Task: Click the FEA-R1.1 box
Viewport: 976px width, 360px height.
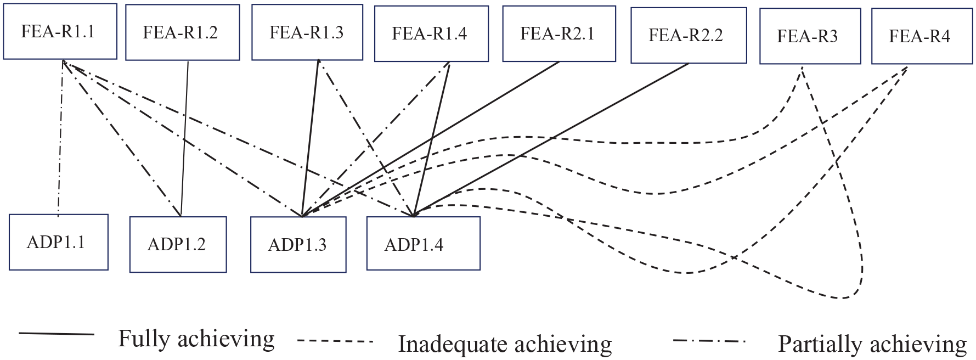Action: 60,31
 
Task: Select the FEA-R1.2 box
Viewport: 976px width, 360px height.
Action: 182,32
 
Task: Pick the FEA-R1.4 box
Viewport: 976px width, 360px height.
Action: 431,34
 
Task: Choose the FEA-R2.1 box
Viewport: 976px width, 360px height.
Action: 558,34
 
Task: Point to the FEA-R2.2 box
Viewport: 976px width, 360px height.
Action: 688,36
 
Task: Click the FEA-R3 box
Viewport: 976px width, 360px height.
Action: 810,37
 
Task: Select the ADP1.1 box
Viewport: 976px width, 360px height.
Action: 58,242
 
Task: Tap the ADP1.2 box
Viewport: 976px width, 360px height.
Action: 178,244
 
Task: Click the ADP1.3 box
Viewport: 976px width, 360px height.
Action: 298,245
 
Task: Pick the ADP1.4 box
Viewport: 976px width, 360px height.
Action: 423,244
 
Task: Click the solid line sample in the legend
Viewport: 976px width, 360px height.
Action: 57,334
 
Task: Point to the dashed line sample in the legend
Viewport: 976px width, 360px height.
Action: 335,341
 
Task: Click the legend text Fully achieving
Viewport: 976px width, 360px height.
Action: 196,339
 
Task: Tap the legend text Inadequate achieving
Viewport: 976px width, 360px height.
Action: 505,345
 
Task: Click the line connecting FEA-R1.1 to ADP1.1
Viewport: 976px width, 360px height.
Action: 60,137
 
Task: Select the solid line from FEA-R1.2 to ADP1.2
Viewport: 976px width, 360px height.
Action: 185,137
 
